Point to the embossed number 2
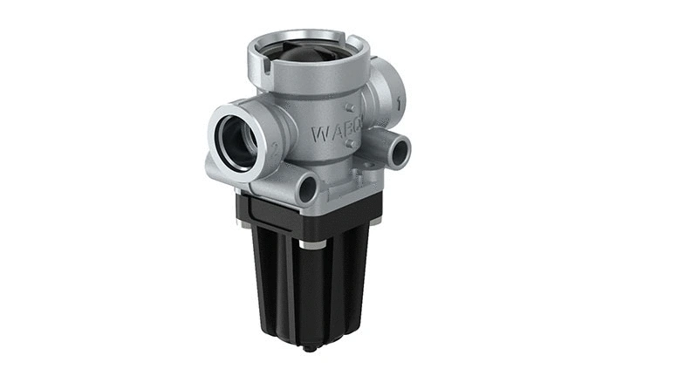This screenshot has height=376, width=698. (x=275, y=149)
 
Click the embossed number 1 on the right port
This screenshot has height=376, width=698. (x=399, y=103)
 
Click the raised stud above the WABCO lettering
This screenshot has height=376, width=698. (x=347, y=108)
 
